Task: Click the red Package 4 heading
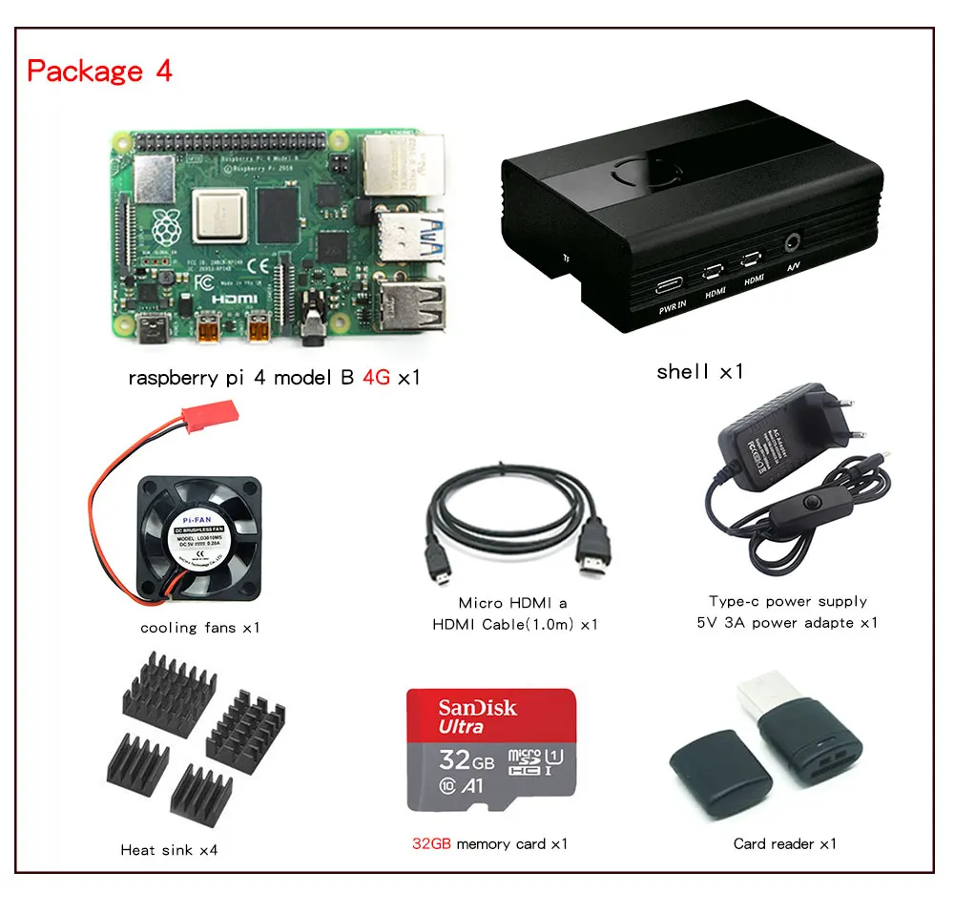pyautogui.click(x=99, y=71)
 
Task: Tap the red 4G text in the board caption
pyautogui.click(x=376, y=378)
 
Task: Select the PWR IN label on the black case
pyautogui.click(x=673, y=309)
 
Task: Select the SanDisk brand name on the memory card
pyautogui.click(x=477, y=708)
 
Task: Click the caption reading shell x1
pyautogui.click(x=699, y=372)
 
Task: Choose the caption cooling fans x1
pyautogui.click(x=199, y=628)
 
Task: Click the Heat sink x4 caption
pyautogui.click(x=169, y=849)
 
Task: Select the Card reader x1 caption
pyautogui.click(x=784, y=843)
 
